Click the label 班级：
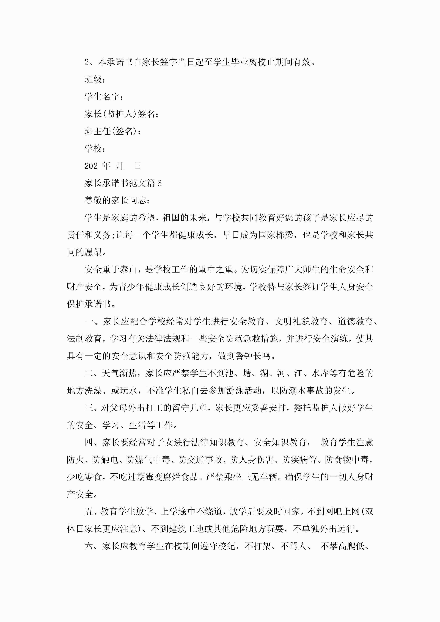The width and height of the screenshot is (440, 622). coord(95,79)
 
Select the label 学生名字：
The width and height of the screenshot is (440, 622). coord(104,97)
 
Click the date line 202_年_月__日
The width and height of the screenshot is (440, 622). coord(112,166)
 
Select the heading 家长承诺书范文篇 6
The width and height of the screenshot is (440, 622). coord(123,183)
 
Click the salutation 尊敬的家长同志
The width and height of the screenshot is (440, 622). coord(117,201)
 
